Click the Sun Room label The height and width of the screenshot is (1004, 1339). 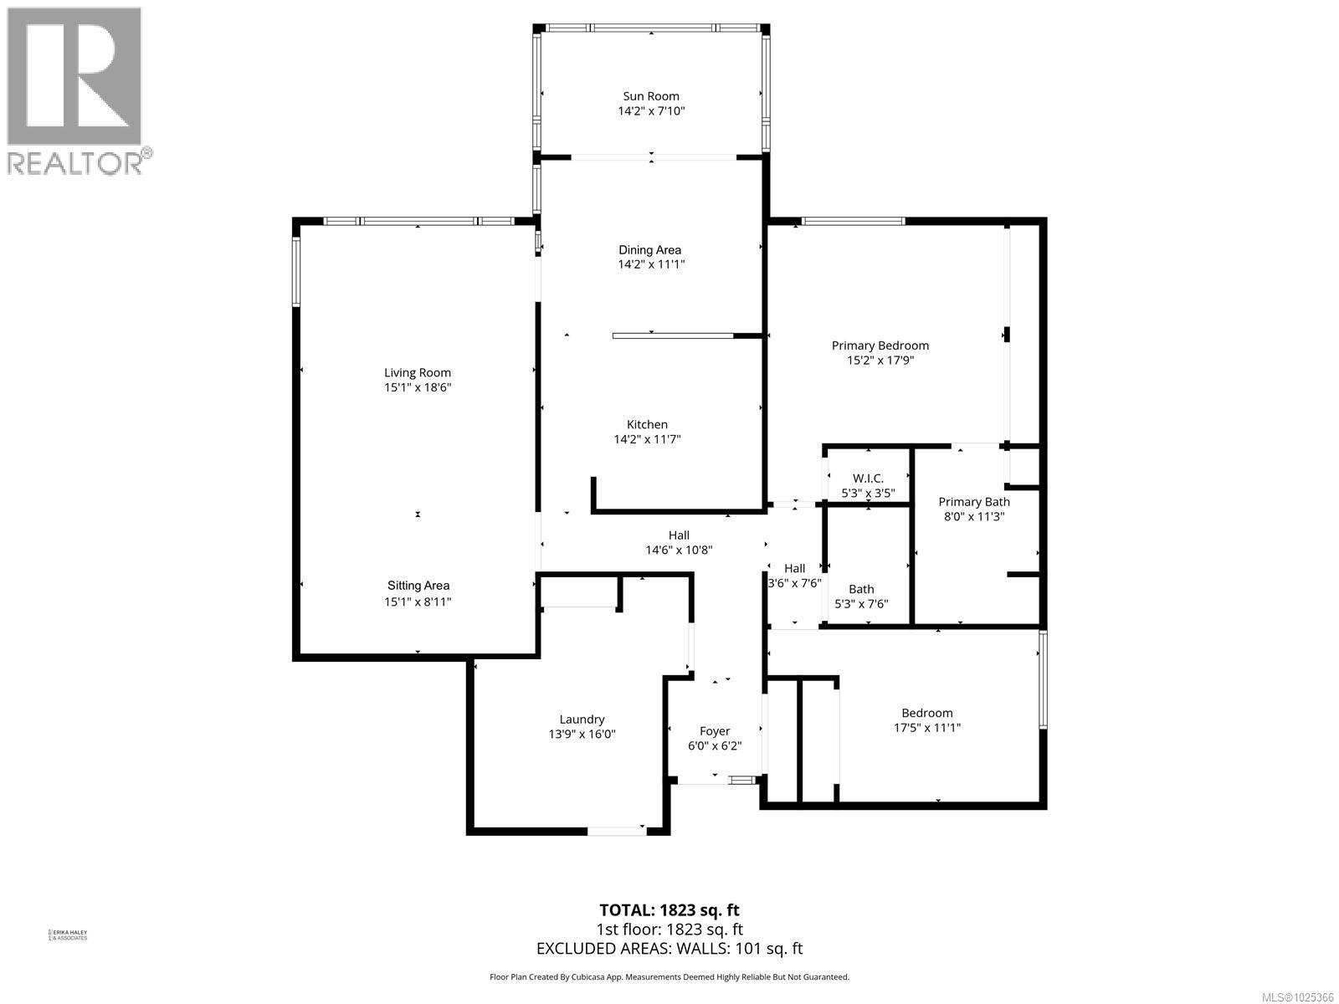650,96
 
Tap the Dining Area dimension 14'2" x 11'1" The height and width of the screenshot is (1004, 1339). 650,264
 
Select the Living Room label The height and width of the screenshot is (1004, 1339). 418,373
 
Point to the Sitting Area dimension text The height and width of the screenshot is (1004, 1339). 418,602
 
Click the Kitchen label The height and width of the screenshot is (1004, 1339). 648,424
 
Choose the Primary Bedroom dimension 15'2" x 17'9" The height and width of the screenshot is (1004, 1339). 880,361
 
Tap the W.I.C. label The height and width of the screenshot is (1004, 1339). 868,479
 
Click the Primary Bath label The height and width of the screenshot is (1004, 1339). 974,502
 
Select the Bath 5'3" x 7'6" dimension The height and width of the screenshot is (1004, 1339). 861,604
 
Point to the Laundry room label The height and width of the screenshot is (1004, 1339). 582,720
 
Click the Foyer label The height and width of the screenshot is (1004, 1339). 715,731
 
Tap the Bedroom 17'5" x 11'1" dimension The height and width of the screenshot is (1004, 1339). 927,728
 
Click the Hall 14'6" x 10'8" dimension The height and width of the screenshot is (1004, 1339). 679,551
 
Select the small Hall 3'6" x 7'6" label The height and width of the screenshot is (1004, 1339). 794,569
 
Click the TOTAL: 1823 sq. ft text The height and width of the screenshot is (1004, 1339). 669,910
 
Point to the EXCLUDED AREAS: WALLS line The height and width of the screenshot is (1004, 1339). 669,949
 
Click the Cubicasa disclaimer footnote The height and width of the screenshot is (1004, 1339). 669,977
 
